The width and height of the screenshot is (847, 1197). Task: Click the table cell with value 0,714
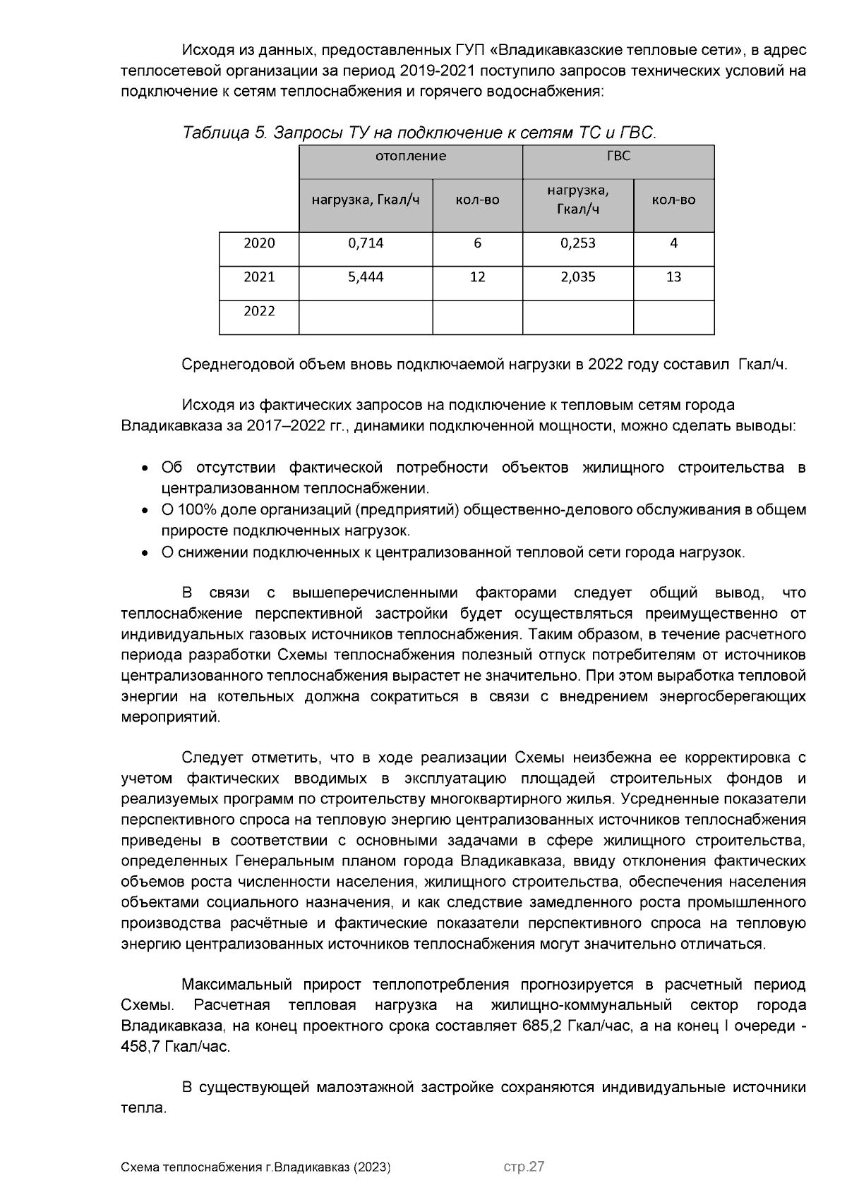coord(366,243)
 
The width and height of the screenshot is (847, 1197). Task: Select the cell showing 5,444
coord(366,277)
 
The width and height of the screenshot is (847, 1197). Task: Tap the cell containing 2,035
coord(577,277)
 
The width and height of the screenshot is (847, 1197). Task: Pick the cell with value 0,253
coord(577,243)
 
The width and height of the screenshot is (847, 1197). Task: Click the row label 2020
coord(259,243)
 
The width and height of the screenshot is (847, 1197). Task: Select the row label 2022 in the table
coord(259,312)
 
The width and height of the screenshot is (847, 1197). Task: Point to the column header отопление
coord(410,157)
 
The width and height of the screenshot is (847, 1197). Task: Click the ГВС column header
coord(618,157)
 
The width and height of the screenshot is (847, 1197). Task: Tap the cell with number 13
coord(673,277)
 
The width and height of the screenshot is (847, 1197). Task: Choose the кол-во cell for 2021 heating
coord(477,277)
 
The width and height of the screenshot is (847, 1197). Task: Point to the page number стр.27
coord(524,1167)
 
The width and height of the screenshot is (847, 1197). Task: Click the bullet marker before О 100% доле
coord(145,511)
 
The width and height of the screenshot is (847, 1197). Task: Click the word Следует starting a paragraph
coord(212,758)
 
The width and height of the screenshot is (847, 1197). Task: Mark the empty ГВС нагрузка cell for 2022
coord(577,317)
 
